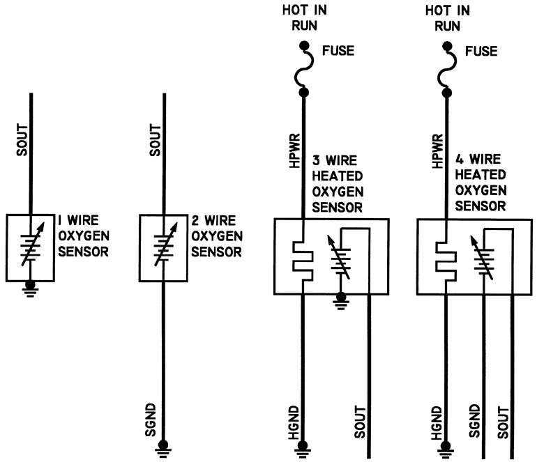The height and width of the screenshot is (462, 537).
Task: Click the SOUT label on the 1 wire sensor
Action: pos(22,140)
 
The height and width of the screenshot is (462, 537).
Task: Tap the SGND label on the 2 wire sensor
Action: pos(151,420)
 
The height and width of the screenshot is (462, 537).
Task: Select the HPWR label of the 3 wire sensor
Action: pos(294,151)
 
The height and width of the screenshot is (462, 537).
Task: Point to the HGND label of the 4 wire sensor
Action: pos(437,423)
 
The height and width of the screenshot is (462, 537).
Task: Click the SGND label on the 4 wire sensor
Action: pos(475,421)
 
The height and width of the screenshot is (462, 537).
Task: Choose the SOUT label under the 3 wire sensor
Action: pos(360,422)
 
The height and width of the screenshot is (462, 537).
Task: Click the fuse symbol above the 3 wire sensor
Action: pos(304,69)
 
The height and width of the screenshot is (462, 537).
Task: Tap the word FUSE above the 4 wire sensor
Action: pos(481,52)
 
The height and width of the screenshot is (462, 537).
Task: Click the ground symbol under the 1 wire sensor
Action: pos(31,288)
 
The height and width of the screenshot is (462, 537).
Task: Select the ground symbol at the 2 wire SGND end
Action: pos(163,449)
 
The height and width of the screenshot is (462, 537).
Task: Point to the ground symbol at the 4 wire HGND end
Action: pos(446,449)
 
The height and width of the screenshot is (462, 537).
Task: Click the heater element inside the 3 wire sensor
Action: pos(303,261)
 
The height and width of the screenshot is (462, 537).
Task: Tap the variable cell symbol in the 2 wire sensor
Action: pos(165,245)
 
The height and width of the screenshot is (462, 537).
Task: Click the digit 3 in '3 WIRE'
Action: pos(316,160)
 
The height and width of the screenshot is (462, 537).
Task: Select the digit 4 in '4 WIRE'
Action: pos(460,160)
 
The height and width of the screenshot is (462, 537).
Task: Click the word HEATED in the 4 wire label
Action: pos(481,175)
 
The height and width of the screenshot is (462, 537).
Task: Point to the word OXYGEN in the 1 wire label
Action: pos(84,236)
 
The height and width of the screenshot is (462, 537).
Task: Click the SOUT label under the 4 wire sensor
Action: pos(503,423)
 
